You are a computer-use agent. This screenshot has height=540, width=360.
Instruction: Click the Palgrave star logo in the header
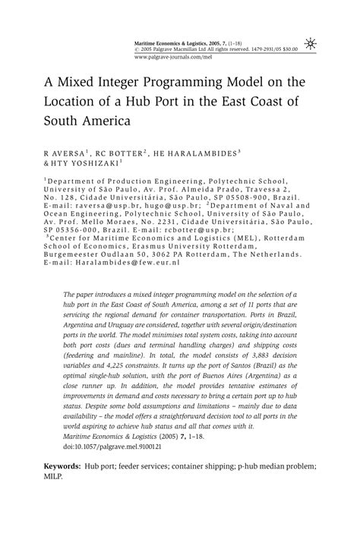[x=310, y=43]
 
